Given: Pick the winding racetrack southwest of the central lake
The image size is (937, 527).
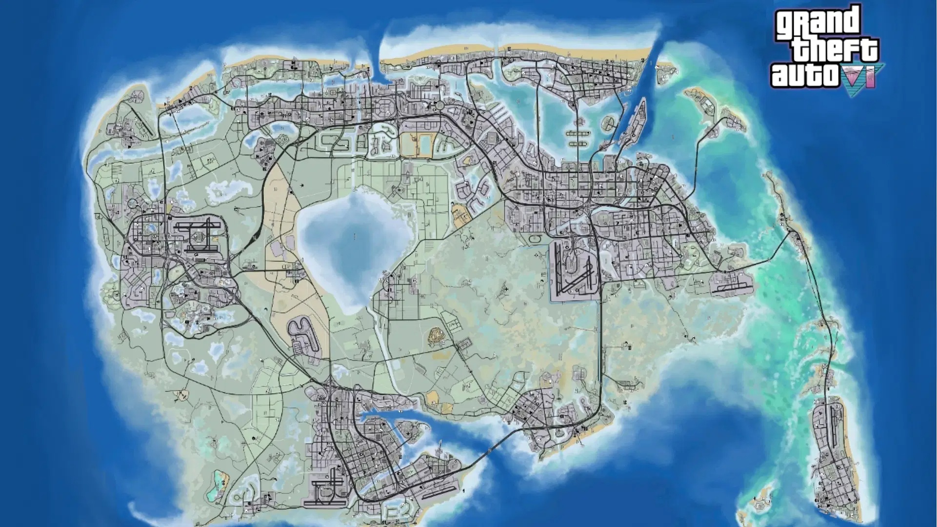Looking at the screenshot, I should tap(303, 334).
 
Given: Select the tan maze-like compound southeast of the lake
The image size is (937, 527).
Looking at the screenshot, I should tap(436, 336).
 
